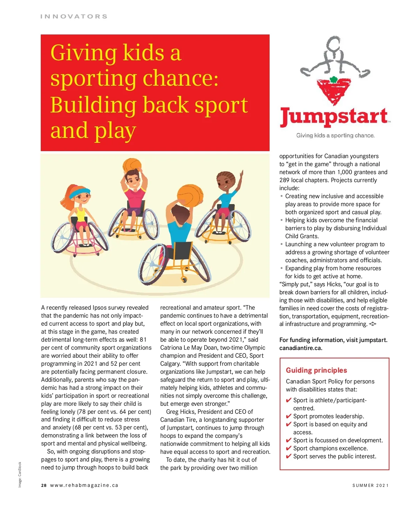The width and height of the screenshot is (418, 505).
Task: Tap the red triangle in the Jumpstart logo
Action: coord(334,91)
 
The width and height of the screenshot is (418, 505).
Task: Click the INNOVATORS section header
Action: coord(74,16)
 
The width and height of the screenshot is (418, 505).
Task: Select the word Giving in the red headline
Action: coord(84,53)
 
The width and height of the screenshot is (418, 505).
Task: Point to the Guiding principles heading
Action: coord(316,370)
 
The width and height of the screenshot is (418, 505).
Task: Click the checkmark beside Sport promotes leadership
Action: coord(288,417)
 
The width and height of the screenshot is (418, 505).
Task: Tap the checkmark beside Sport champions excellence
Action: coord(288,449)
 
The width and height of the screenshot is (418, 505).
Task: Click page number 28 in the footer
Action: coord(44,485)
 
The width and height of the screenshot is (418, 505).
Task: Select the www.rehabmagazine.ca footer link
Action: coord(84,485)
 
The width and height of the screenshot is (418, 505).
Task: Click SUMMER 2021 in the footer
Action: coord(370,485)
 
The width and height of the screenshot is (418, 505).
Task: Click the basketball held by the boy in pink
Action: coord(132,165)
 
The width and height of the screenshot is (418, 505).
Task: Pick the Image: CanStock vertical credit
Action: coord(20,474)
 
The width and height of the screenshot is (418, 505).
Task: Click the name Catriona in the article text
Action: coord(172,348)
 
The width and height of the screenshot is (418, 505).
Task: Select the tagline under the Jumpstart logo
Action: coord(335,135)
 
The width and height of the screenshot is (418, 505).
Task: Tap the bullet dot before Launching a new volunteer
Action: coord(281,244)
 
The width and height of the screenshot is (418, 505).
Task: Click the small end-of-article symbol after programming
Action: coord(373,324)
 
